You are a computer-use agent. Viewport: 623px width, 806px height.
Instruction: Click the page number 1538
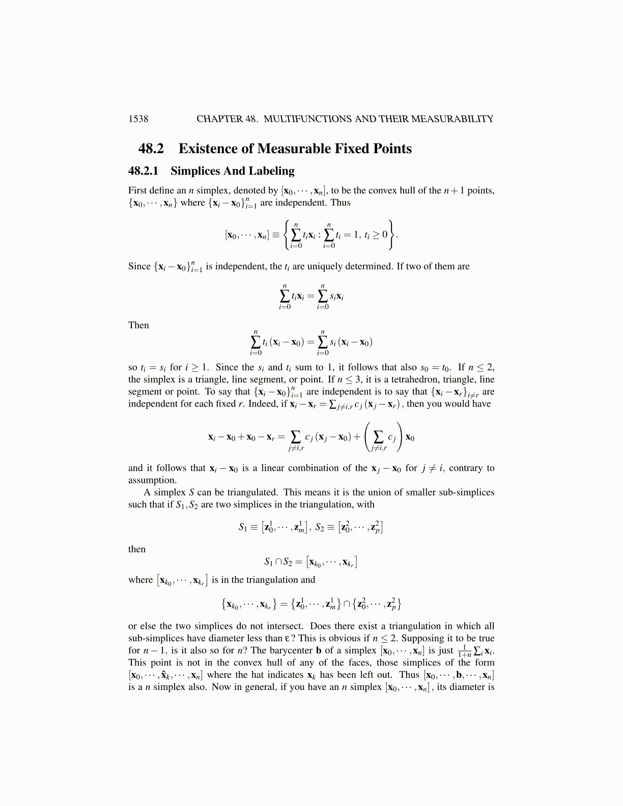[x=138, y=119]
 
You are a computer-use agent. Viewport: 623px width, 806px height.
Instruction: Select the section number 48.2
[x=151, y=149]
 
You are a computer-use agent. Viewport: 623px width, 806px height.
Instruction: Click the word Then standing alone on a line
[x=138, y=325]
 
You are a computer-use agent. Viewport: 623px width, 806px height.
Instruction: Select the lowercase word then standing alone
[x=137, y=549]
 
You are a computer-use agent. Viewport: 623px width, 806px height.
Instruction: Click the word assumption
[x=152, y=480]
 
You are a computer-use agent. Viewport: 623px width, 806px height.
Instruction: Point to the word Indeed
[x=261, y=404]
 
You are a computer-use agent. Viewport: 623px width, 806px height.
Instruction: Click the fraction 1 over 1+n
[x=464, y=651]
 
